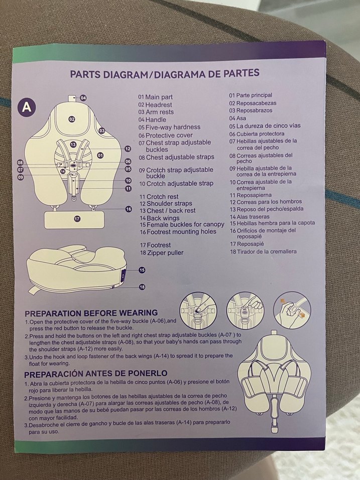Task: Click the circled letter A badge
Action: (27, 107)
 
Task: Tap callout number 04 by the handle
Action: (83, 98)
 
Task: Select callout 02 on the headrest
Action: (72, 119)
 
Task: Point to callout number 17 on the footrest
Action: (77, 218)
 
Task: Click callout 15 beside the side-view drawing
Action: (142, 270)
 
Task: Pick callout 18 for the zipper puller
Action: (142, 287)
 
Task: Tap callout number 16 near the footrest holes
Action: (129, 209)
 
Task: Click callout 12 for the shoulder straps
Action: (128, 149)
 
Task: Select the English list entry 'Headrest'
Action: (159, 105)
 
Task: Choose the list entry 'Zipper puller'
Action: (165, 253)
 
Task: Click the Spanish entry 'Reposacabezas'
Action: (256, 103)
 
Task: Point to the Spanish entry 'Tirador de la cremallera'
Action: (267, 252)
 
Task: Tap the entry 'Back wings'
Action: (163, 218)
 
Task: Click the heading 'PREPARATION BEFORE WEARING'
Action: (91, 313)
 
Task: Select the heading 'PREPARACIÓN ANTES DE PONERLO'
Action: (95, 374)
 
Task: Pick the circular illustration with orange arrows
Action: (292, 310)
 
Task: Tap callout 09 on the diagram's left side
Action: (21, 177)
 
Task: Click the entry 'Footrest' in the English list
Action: (159, 245)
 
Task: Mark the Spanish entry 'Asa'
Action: (241, 118)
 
